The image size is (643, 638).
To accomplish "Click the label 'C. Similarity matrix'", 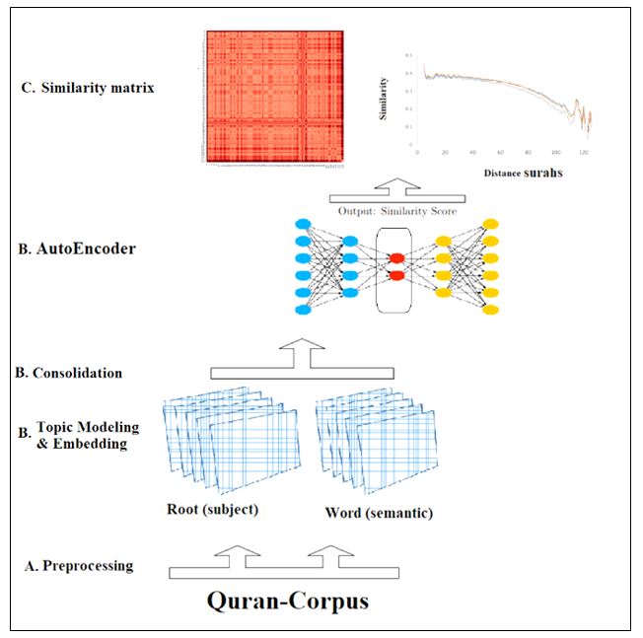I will tap(93, 88).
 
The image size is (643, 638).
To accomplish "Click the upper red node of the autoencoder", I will tap(396, 258).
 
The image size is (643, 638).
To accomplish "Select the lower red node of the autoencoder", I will tap(396, 275).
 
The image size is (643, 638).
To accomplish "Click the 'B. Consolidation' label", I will tap(69, 373).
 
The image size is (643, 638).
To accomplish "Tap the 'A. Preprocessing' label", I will tap(80, 566).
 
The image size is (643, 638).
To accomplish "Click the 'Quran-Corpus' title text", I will tap(288, 600).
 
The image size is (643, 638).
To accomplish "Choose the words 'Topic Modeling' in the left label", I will tap(88, 428).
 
